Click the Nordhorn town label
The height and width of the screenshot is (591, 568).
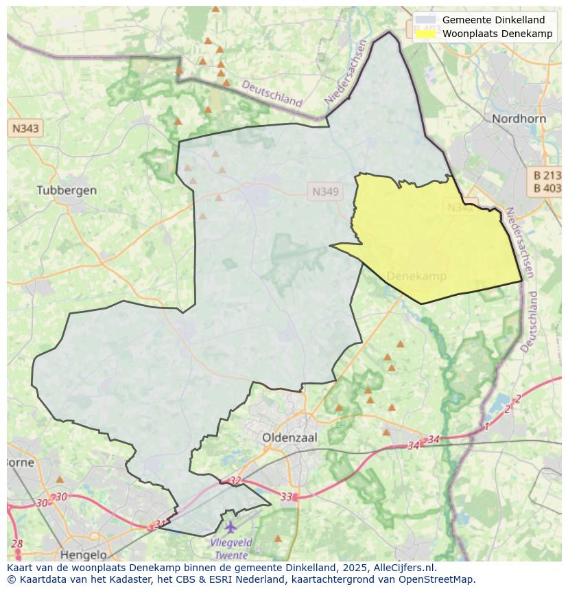[x=519, y=119]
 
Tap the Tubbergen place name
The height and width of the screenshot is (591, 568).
[x=67, y=190]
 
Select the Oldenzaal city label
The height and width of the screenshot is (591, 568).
[x=288, y=437]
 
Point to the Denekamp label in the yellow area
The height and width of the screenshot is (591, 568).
[x=416, y=276]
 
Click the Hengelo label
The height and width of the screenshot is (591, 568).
[x=84, y=555]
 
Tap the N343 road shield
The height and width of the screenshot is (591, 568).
[x=25, y=128]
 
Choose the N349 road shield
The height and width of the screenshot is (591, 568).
[x=324, y=192]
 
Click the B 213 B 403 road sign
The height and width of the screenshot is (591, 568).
[x=547, y=181]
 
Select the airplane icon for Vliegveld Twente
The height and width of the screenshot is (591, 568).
[x=230, y=527]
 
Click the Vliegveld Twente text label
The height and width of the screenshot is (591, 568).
[x=230, y=548]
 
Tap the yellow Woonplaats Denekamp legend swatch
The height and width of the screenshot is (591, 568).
[x=425, y=34]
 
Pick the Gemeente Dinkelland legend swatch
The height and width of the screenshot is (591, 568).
[x=425, y=20]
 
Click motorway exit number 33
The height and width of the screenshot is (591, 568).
[x=286, y=496]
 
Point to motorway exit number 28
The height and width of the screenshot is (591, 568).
[x=17, y=544]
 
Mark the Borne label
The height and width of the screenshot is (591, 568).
[x=19, y=462]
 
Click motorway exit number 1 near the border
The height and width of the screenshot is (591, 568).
[x=487, y=427]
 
